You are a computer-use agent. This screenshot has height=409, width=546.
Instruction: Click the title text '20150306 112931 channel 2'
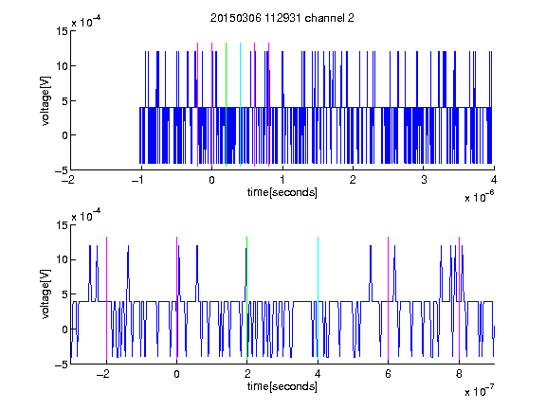coord(282,18)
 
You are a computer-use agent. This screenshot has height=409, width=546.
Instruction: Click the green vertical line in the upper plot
coord(226,105)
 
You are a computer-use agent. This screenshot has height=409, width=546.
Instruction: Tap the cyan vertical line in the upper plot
coord(240,105)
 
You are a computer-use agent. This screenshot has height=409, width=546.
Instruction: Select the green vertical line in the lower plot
coord(246,298)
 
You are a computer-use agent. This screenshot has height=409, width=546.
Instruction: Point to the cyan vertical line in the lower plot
coord(318,298)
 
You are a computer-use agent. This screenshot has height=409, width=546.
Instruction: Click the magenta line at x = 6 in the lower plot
coord(389,298)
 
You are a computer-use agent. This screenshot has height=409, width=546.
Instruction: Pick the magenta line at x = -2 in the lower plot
coord(106,298)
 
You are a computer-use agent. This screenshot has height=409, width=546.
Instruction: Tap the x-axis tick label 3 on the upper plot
coord(424,180)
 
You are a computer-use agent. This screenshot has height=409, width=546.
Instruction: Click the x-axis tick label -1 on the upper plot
coord(138,180)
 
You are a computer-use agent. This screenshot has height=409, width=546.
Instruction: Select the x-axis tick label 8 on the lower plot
coord(459,374)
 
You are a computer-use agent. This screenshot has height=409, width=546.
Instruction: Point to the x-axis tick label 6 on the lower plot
coord(389,374)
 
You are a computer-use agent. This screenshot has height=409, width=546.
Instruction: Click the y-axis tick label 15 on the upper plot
coord(62,31)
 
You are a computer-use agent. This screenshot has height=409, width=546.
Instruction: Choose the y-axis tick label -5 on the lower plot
coord(62,365)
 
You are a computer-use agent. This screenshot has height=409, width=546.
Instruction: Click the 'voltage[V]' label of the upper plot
coord(45,101)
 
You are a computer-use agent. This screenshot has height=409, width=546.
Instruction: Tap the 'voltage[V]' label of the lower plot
coord(45,294)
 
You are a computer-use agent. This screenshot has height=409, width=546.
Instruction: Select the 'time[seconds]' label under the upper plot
coord(282,192)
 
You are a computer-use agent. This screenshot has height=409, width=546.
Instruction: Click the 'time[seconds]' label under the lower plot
coord(282,386)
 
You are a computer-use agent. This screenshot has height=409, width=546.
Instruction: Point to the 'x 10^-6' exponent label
coord(480,197)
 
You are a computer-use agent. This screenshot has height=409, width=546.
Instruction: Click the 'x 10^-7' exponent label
coord(480,391)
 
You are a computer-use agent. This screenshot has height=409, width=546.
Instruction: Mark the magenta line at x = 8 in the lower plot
coord(459,298)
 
